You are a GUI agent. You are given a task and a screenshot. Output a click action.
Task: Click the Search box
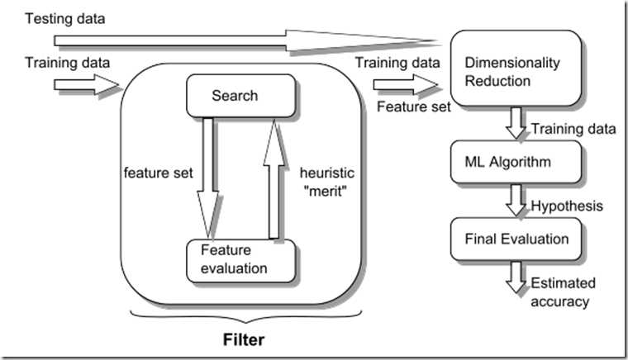(235, 96)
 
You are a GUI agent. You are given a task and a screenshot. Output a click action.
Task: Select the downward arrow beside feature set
(208, 177)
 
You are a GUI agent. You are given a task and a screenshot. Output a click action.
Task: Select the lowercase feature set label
(158, 174)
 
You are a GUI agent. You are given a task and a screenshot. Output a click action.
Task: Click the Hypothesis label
(569, 204)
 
